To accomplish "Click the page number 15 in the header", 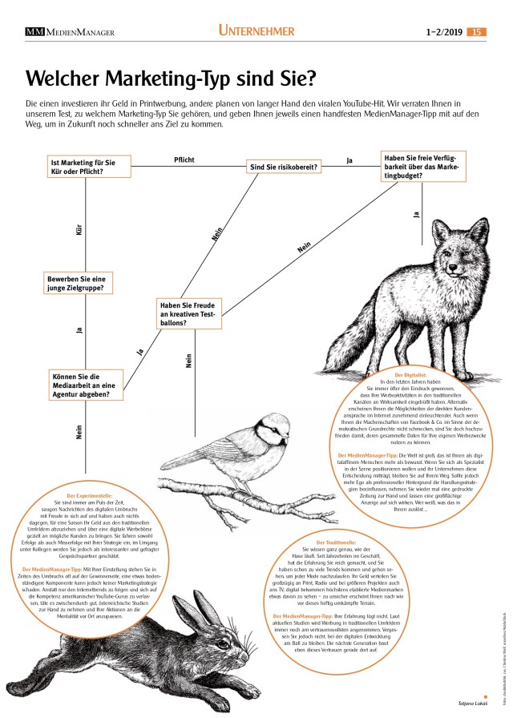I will pos(477,31).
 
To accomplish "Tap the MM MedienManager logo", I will pos(70,32).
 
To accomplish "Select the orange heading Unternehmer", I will pos(256,31).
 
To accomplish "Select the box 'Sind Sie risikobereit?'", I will pos(285,167).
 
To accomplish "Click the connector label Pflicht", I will pos(184,159).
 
